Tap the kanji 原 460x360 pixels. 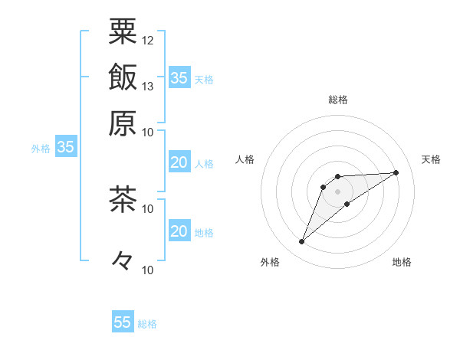(123, 123)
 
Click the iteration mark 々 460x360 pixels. (123, 260)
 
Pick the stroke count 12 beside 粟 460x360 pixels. (148, 40)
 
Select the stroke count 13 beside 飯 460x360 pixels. (148, 87)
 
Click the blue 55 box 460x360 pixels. (123, 322)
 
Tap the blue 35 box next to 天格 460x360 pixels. (179, 77)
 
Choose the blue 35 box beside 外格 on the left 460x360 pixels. (65, 148)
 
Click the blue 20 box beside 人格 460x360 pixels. (179, 162)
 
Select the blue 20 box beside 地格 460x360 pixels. (179, 231)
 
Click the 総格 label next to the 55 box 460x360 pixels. (147, 324)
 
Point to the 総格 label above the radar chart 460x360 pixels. (338, 100)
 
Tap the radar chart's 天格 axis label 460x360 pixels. (431, 159)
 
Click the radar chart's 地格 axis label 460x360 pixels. (402, 263)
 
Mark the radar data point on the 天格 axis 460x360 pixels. (396, 172)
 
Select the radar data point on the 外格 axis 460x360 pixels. (302, 242)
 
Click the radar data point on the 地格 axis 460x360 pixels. (347, 204)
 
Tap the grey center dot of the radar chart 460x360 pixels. (337, 191)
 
